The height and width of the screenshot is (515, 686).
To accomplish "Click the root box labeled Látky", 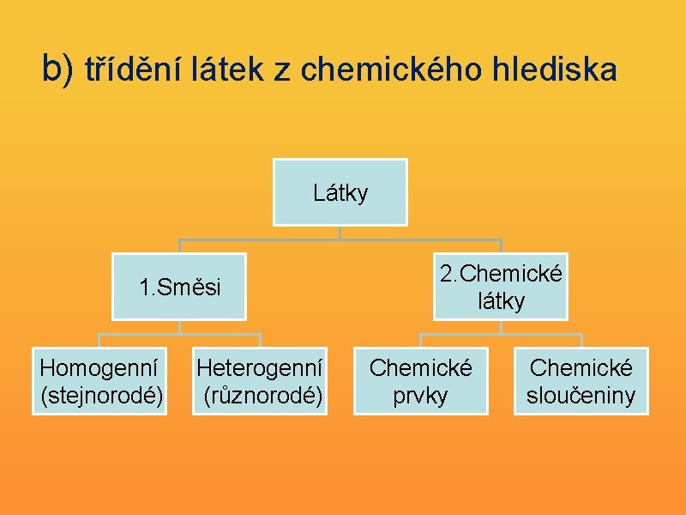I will [340, 192].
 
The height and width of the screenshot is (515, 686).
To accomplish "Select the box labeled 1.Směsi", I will [179, 287].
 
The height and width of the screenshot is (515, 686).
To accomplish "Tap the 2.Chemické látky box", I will [501, 287].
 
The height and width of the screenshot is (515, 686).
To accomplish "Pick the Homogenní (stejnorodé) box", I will [99, 381].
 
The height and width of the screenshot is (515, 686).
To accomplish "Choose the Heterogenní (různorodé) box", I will [260, 381].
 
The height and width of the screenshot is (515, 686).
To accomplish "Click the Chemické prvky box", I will [420, 381].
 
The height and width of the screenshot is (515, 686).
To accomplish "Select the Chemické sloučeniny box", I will [581, 381].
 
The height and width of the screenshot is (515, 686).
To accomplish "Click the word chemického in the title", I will [387, 70].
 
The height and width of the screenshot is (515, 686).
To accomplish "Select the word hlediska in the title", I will [553, 70].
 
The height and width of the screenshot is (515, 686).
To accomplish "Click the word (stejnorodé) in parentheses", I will [102, 395].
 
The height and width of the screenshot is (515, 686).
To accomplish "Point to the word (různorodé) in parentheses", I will [262, 395].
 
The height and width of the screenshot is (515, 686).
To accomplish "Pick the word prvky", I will [420, 395].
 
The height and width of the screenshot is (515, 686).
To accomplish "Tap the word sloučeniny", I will [581, 395].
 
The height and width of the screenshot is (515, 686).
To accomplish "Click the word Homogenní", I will [99, 368].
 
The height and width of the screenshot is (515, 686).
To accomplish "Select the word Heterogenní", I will [260, 368].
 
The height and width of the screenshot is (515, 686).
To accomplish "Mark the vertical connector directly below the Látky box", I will [340, 232].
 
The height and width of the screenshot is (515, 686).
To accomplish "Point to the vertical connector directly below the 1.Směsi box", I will [179, 326].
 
